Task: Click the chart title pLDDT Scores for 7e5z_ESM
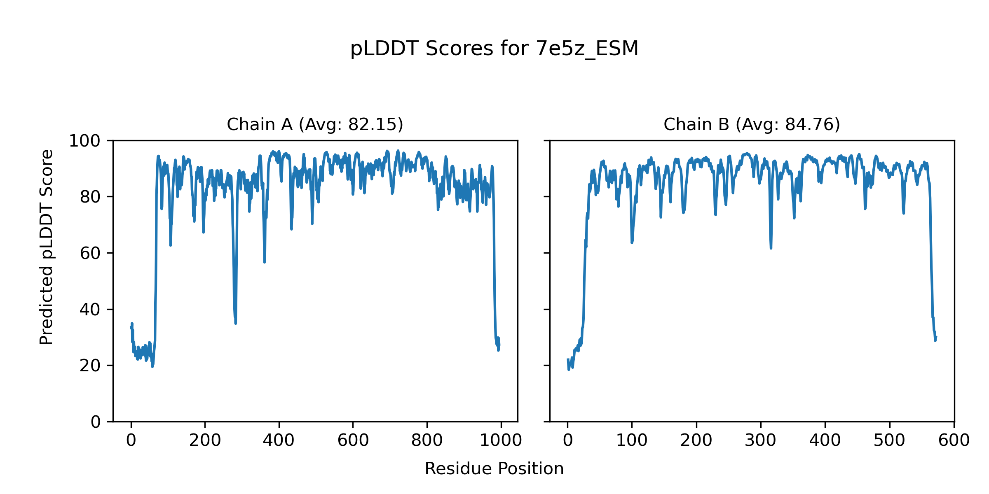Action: [x=494, y=49]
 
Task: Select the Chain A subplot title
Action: [x=315, y=124]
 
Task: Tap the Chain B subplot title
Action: [x=752, y=124]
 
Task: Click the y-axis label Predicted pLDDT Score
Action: [x=46, y=247]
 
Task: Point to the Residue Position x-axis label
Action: [x=494, y=469]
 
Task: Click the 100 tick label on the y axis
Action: [x=84, y=141]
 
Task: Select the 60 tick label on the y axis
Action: [x=90, y=254]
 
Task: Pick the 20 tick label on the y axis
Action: [x=90, y=366]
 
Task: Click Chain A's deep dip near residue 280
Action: [x=235, y=322]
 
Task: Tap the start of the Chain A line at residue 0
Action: [x=131, y=327]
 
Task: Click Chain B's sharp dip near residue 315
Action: [x=771, y=247]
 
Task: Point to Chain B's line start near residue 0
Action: [x=568, y=360]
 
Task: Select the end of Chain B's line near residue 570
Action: [x=936, y=337]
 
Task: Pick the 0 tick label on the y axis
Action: [x=96, y=422]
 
